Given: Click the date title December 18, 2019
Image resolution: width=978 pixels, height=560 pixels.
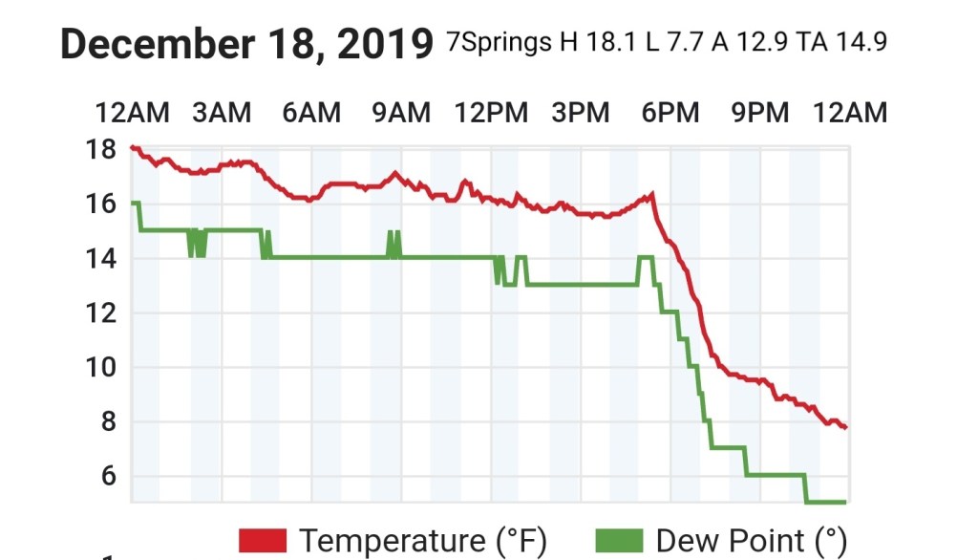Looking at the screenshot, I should [246, 44].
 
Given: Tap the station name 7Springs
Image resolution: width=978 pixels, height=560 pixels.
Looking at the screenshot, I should [499, 44].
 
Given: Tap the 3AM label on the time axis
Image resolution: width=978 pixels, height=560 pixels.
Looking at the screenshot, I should [222, 113].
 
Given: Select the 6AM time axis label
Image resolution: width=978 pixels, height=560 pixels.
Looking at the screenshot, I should [311, 113].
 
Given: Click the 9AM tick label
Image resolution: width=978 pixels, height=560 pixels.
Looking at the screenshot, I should [401, 113].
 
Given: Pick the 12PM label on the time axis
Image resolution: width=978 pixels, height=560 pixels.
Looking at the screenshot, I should [491, 113].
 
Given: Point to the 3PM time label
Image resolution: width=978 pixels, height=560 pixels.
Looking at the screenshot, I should [581, 113].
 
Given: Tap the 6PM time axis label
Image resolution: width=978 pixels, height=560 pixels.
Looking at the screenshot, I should [670, 113].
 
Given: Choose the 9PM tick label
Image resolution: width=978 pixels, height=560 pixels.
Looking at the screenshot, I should [760, 113].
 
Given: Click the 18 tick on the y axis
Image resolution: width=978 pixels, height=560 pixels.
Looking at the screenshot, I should [103, 149].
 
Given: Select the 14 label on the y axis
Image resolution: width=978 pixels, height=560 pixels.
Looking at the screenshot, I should [103, 258].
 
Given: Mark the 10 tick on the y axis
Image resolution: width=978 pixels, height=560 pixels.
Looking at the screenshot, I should [103, 367].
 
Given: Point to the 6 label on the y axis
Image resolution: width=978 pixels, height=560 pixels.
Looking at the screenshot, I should [108, 476].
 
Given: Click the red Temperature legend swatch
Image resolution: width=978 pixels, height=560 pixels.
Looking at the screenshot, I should [263, 541].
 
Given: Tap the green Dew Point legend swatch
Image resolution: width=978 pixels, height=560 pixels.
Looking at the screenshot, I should [620, 541].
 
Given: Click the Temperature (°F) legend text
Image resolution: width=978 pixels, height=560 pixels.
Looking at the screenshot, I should [423, 541].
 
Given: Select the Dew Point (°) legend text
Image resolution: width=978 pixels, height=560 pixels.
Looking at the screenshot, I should [751, 541].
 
